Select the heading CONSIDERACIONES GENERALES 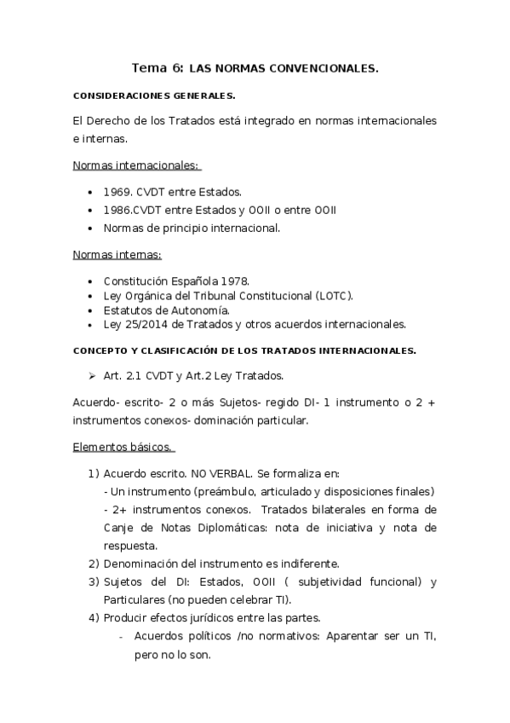pyautogui.click(x=153, y=95)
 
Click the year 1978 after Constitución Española pyautogui.click(x=234, y=281)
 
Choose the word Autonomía pyautogui.click(x=201, y=309)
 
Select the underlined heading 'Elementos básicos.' pyautogui.click(x=123, y=447)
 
